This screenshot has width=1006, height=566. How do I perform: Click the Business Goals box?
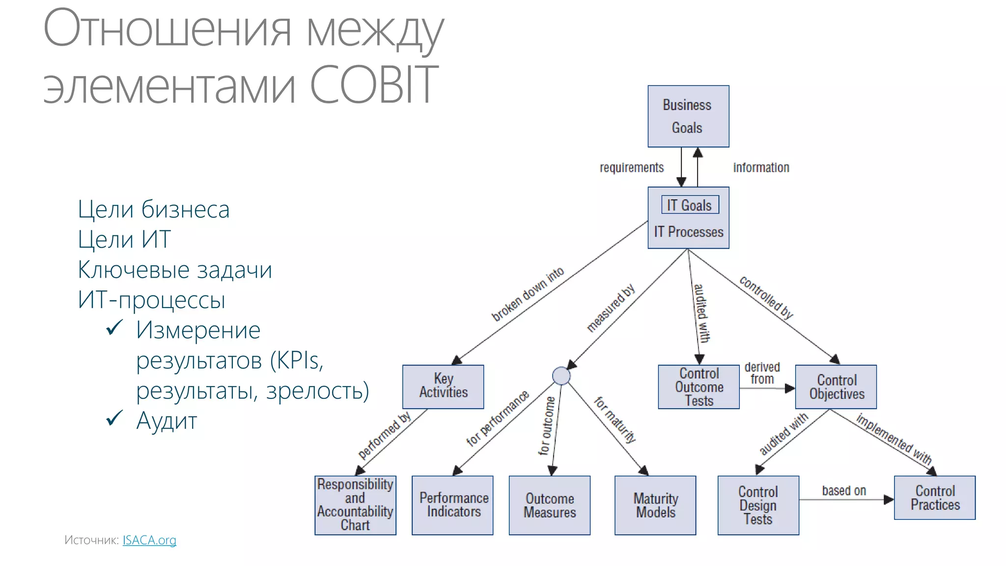[688, 116]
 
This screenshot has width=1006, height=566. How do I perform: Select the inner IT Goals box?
[690, 205]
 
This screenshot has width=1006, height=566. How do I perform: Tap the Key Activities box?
[443, 386]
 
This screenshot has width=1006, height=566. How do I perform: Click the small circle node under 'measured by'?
[561, 376]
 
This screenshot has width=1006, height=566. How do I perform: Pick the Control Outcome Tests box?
[699, 387]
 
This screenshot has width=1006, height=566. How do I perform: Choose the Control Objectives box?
[836, 387]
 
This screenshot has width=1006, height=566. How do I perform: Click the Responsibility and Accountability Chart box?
[355, 505]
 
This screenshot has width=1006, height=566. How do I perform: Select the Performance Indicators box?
[452, 505]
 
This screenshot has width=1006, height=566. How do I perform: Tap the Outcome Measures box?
[549, 505]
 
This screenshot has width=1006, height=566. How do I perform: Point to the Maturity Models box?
[655, 505]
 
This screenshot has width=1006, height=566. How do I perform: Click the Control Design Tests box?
[758, 505]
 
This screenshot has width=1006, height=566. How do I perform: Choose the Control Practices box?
[935, 498]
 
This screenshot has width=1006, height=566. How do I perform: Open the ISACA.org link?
[149, 540]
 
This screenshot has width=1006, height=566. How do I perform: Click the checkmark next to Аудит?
[114, 419]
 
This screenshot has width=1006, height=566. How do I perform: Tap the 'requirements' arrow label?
[631, 168]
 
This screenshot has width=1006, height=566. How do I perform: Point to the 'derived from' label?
[762, 373]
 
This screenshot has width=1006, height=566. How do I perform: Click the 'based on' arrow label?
[844, 490]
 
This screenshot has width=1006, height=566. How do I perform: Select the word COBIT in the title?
[374, 85]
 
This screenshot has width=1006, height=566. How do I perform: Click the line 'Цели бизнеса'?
[153, 209]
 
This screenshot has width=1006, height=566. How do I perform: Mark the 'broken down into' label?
[528, 294]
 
